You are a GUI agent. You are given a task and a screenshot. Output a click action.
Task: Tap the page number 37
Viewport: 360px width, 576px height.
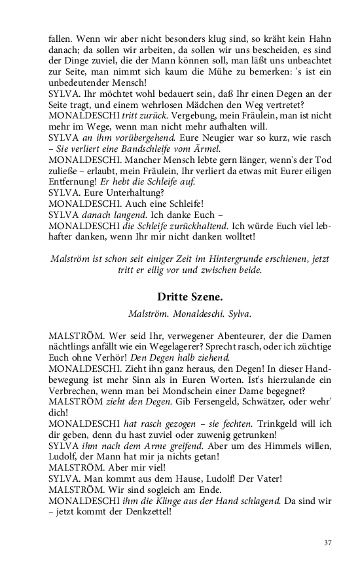click(x=329, y=543)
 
